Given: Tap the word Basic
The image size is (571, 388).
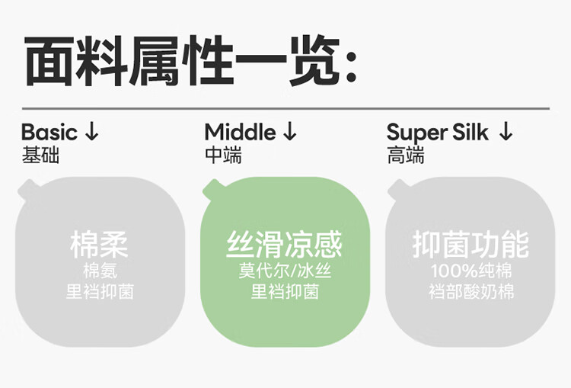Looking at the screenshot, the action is coord(49,132).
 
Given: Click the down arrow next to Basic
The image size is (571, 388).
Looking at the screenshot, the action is coord(92,132).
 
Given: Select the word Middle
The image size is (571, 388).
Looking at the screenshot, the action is coord(240,132).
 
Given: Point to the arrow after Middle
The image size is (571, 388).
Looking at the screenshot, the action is coord(290,132).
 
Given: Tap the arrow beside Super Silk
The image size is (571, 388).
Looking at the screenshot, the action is coord(506,132).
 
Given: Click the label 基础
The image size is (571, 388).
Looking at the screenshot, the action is coord(40,156).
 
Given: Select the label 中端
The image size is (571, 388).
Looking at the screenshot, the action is coord(223,156).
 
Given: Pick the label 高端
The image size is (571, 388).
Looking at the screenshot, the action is coord(406,156).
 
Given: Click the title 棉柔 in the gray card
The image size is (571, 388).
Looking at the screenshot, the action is coord(99,245).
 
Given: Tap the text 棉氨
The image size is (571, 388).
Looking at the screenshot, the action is coord(99,271).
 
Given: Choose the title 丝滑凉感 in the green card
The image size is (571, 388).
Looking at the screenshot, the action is coord(285,245).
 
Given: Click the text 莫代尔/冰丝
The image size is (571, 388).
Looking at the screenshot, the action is coord(285,271).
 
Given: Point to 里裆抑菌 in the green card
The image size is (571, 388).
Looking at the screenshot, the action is coord(285,292).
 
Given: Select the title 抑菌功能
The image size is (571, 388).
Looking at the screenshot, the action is coord(471,245).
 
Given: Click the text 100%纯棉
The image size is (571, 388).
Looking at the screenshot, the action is coord(471,271).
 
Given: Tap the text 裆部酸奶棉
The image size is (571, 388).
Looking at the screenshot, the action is coord(471,292).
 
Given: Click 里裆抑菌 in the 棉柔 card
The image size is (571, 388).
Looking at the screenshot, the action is coord(99,292).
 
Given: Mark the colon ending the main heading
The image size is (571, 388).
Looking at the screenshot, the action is coord(351,67).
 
